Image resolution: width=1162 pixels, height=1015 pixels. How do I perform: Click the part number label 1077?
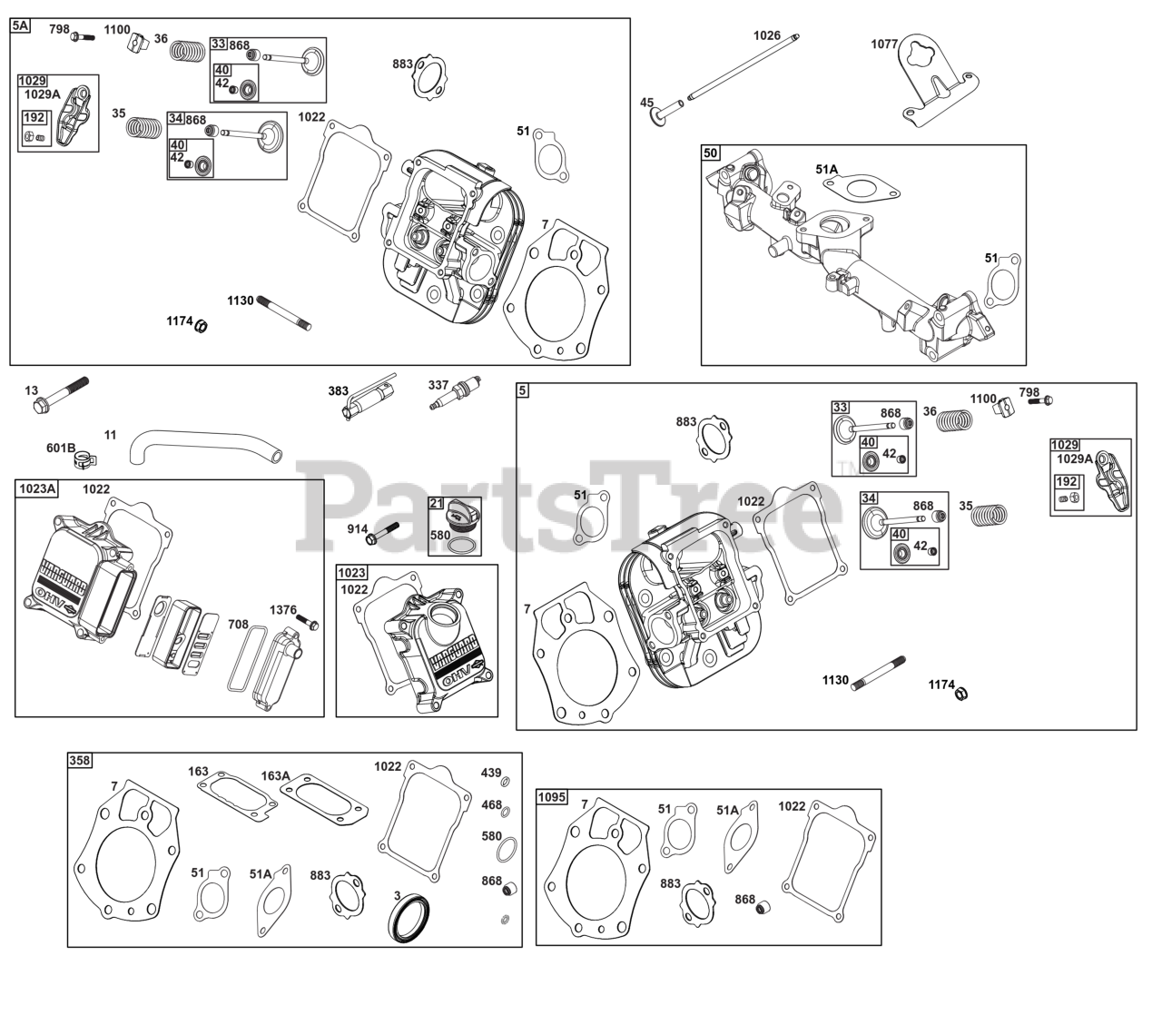[x=884, y=44]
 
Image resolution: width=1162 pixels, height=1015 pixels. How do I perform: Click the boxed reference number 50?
[x=710, y=153]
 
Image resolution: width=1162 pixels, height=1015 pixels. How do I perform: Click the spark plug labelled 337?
[x=455, y=393]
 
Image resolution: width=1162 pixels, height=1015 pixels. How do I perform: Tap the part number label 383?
[x=339, y=390]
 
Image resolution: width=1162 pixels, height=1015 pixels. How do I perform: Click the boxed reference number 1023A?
[x=36, y=489]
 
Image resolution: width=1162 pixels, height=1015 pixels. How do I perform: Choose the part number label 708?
[x=239, y=624]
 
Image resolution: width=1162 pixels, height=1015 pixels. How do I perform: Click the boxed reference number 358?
[x=80, y=761]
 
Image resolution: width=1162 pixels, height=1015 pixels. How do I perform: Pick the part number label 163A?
[x=276, y=775]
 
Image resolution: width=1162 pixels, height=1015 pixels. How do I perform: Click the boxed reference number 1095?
[x=551, y=797]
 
